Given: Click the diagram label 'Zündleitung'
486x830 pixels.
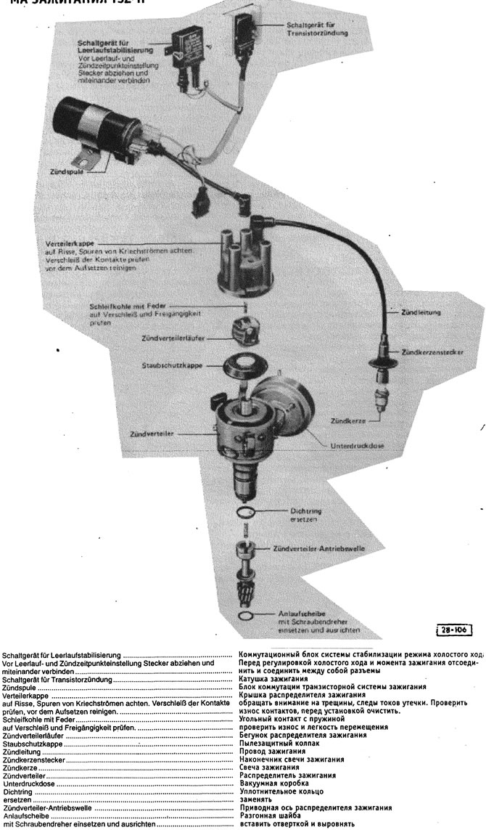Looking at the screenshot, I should point(421,313).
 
